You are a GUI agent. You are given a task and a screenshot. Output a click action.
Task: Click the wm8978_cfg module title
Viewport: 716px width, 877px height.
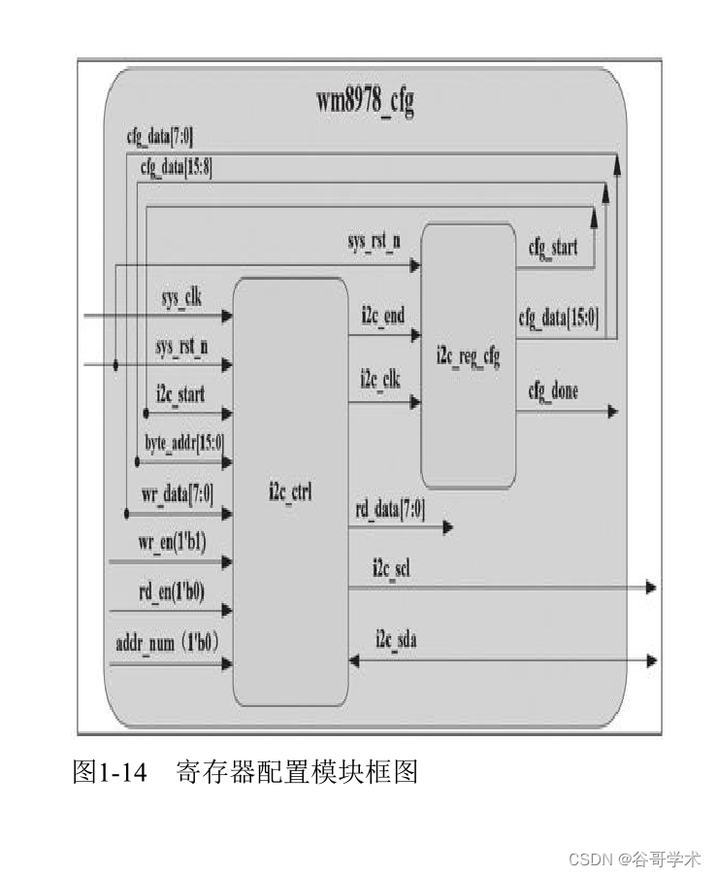tap(365, 101)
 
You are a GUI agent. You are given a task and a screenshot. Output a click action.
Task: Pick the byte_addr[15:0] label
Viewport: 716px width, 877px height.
tap(184, 443)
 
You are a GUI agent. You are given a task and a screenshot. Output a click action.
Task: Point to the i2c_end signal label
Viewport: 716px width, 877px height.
tap(382, 316)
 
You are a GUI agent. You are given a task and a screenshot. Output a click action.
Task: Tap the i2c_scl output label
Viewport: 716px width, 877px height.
tap(391, 568)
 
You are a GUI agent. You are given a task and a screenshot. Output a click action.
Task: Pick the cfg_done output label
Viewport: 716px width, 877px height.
tap(553, 391)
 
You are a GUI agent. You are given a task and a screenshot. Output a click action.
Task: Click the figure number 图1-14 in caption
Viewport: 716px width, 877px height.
tap(109, 773)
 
